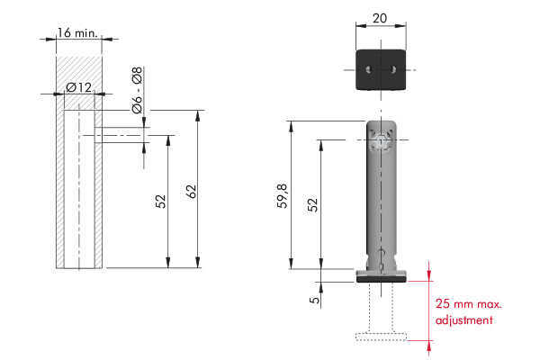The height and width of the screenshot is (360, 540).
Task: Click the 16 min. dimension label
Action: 77,33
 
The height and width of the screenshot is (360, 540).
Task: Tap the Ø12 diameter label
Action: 79,87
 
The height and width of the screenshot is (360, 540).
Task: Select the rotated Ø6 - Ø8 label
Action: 137,90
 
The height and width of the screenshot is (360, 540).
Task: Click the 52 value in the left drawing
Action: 160,202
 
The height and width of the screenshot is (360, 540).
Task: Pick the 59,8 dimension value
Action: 282,195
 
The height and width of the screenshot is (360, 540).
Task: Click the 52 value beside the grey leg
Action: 312,204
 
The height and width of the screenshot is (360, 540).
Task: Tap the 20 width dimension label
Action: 380,18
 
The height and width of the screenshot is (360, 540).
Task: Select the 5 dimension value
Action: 314,300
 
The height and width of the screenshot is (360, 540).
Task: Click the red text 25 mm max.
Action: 468,304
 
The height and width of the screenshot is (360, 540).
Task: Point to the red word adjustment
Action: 463,320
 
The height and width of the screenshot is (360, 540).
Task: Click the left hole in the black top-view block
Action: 368,69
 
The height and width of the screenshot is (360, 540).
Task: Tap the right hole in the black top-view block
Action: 393,69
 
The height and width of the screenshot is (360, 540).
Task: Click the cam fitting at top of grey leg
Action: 381,140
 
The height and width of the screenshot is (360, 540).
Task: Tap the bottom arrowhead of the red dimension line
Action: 429,348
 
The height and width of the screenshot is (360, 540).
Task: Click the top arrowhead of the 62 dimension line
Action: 198,116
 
